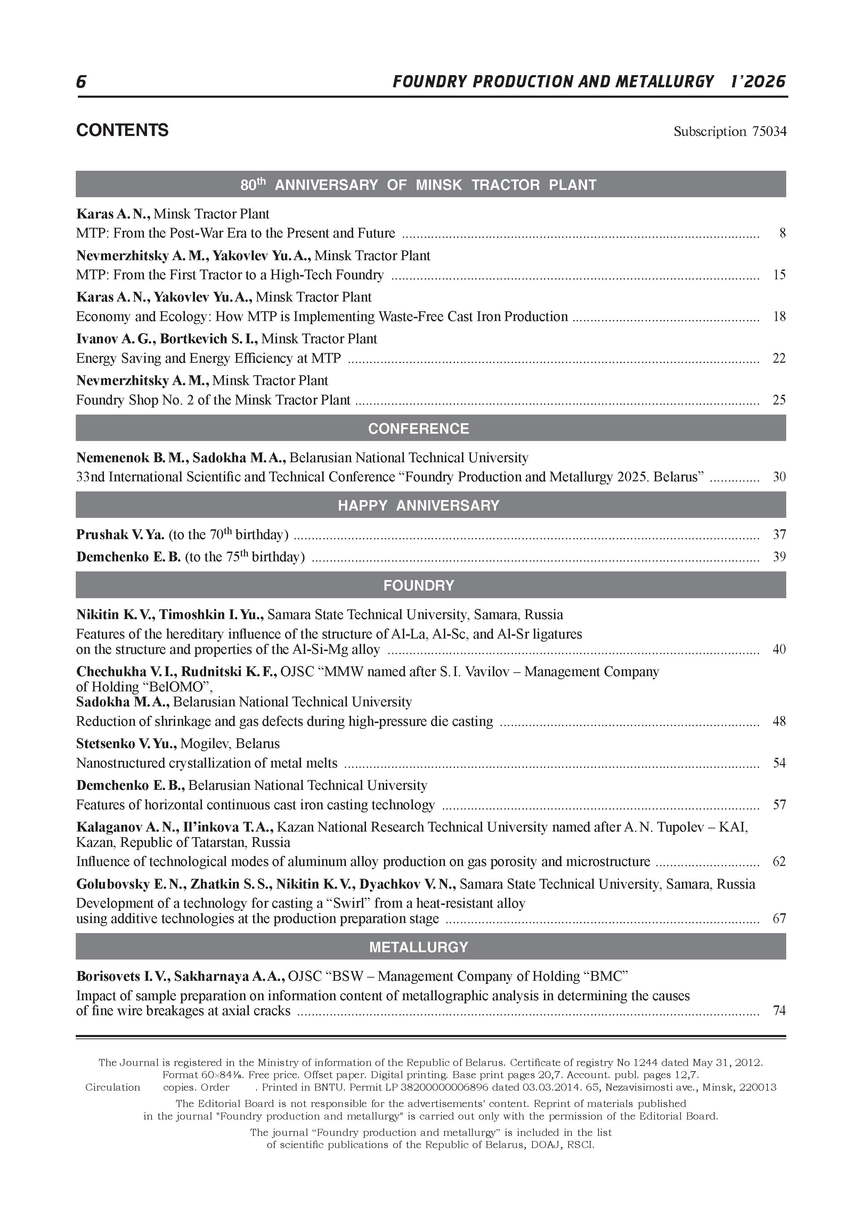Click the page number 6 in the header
(x=81, y=82)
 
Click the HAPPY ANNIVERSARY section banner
(x=418, y=505)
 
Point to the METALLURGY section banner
(x=418, y=947)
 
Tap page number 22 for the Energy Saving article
(x=779, y=359)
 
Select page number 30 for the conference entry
(x=779, y=477)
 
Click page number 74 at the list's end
(x=779, y=1011)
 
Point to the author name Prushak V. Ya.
(x=120, y=535)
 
